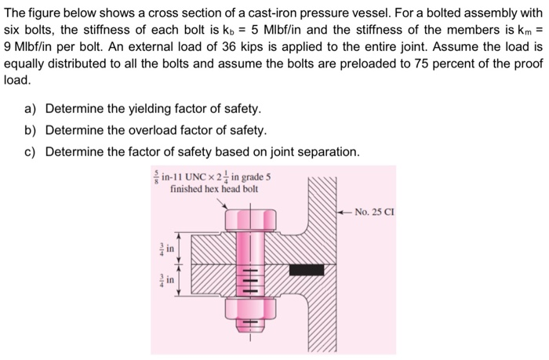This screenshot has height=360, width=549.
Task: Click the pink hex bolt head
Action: [x=252, y=217]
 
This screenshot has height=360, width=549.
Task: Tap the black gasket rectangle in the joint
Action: [x=307, y=269]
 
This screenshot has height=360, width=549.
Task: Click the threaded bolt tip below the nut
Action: [x=252, y=328]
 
